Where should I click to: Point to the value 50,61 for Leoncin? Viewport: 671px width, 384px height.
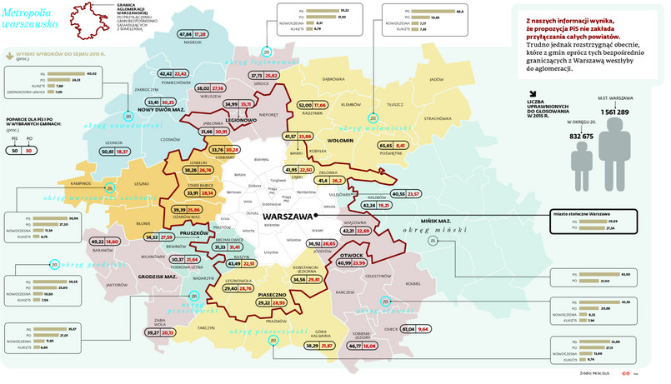(108, 152)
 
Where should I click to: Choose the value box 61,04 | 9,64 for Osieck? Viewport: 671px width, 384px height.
(415, 330)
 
